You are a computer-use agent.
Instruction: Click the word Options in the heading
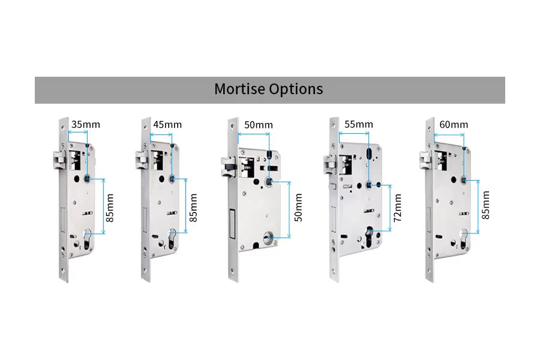click(296, 89)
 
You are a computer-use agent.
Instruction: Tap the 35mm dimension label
click(86, 125)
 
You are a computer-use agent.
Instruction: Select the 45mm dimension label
click(167, 125)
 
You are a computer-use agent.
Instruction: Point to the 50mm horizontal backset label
click(259, 125)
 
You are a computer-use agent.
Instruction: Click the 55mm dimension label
click(359, 124)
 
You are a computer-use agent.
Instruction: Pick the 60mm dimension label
click(454, 125)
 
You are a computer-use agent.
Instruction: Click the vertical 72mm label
click(397, 208)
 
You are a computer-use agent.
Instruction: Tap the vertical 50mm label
click(298, 206)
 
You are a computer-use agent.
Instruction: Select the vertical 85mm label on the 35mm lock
click(110, 208)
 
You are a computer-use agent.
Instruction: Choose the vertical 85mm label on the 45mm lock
click(193, 208)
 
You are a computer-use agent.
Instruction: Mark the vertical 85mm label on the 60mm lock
click(485, 205)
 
